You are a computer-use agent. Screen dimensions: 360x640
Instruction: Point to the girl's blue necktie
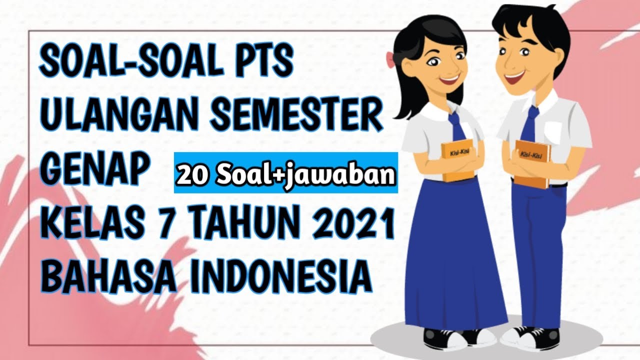(456, 127)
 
